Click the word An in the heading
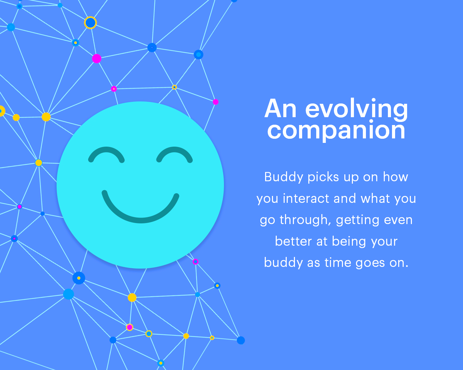point(280,109)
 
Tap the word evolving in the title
point(357,109)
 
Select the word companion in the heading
point(336,131)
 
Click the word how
point(395,177)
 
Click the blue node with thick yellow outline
point(90,23)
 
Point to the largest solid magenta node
point(97,59)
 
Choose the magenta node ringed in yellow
point(130,327)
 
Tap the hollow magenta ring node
point(195,262)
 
